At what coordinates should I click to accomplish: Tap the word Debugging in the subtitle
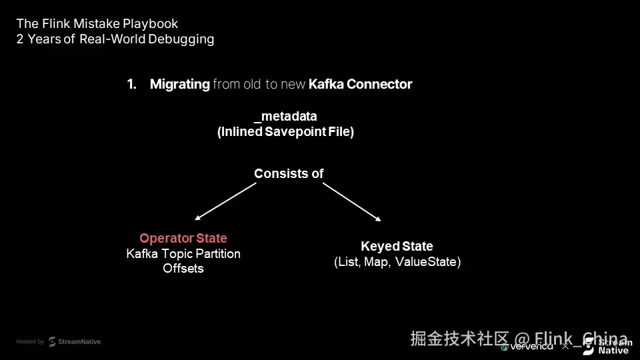pos(181,39)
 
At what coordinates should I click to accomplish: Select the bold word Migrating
pos(179,84)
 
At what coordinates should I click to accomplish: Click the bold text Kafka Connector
pos(360,84)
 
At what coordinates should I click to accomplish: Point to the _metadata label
pos(285,117)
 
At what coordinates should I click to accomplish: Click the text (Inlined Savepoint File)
pos(285,131)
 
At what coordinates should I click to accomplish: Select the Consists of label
pos(289,173)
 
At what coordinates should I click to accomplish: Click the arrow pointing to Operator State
pos(225,201)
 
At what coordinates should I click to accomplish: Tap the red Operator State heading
pos(183,238)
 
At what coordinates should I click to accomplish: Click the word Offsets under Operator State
pos(183,268)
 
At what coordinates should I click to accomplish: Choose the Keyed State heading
pos(397,247)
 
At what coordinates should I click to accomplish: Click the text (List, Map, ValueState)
pos(397,262)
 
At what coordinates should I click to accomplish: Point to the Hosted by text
pos(30,341)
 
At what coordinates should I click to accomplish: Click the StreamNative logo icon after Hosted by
pos(52,341)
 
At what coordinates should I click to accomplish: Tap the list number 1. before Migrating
pos(131,84)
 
